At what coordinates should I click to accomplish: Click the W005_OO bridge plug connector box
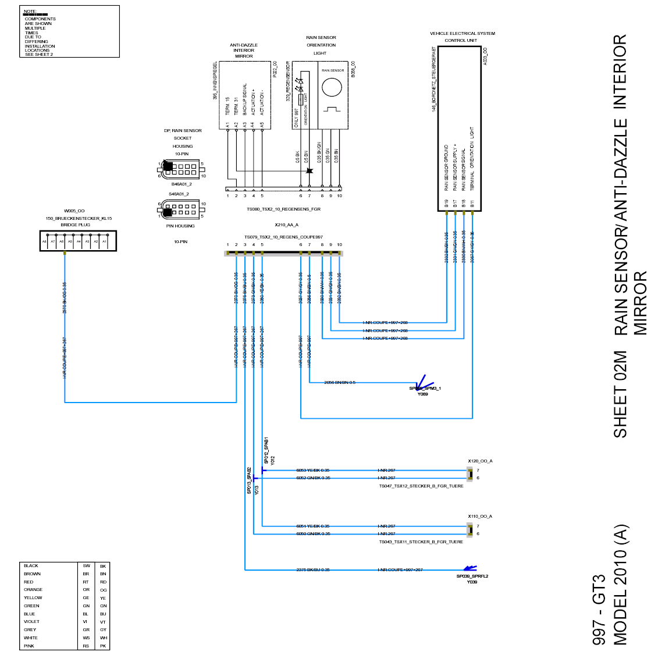click(x=78, y=241)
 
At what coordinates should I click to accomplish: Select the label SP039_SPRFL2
click(x=472, y=576)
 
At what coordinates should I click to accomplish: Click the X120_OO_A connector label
click(x=480, y=461)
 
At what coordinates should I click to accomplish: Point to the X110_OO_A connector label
click(x=480, y=516)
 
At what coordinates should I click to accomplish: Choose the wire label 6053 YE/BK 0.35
click(x=313, y=470)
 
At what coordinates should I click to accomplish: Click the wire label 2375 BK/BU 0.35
click(x=313, y=569)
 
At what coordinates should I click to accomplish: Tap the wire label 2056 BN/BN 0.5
click(x=340, y=382)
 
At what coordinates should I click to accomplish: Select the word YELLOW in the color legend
click(x=33, y=597)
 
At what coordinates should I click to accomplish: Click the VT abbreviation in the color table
click(x=103, y=622)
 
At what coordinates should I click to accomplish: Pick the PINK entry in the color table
click(x=29, y=646)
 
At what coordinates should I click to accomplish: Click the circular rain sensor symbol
click(x=332, y=87)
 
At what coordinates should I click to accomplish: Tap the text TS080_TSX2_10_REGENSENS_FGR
click(x=283, y=209)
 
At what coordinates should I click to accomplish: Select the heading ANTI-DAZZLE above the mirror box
click(x=244, y=45)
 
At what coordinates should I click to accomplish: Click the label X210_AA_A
click(x=286, y=225)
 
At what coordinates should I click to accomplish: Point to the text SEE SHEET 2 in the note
click(x=39, y=55)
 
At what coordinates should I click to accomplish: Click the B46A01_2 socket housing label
click(x=182, y=184)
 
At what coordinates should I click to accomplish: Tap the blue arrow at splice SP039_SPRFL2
click(x=470, y=568)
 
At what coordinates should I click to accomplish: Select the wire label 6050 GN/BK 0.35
click(x=313, y=533)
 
